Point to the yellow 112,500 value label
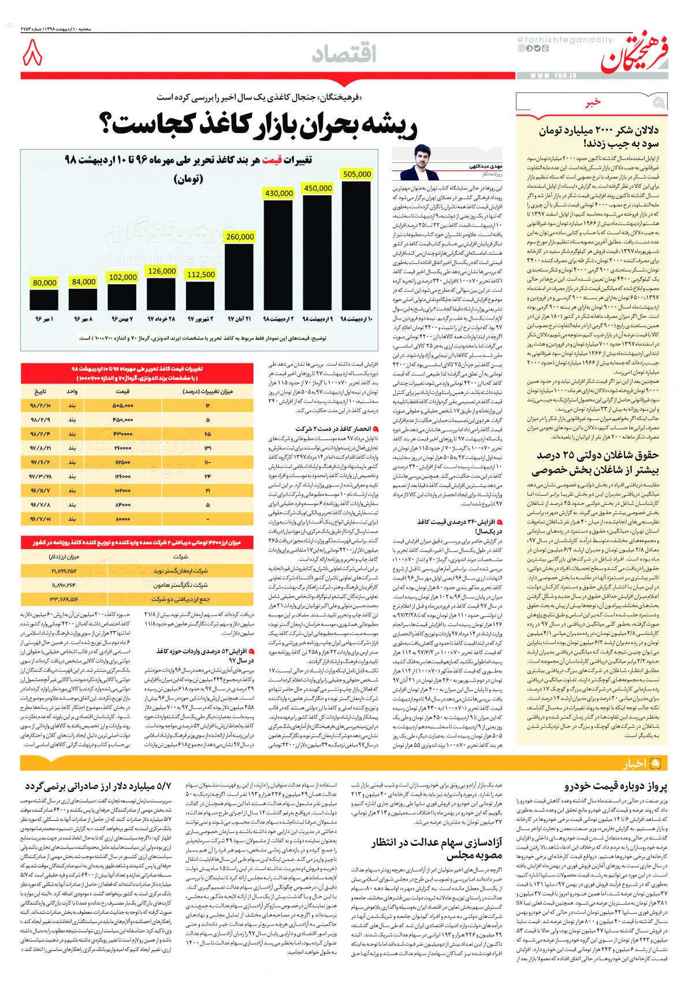tap(201, 275)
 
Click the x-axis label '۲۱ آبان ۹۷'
tap(239, 318)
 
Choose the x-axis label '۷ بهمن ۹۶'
tap(122, 318)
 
